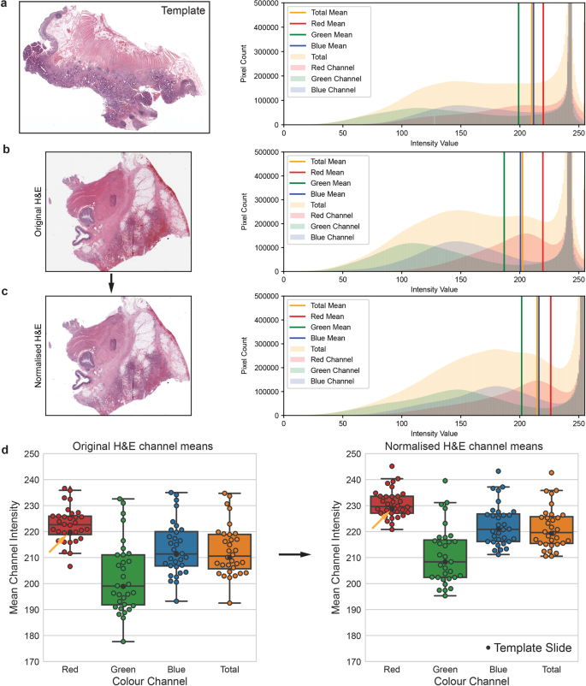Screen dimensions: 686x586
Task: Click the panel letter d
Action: pos(7,450)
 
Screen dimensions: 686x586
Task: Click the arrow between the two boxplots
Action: pos(293,555)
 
